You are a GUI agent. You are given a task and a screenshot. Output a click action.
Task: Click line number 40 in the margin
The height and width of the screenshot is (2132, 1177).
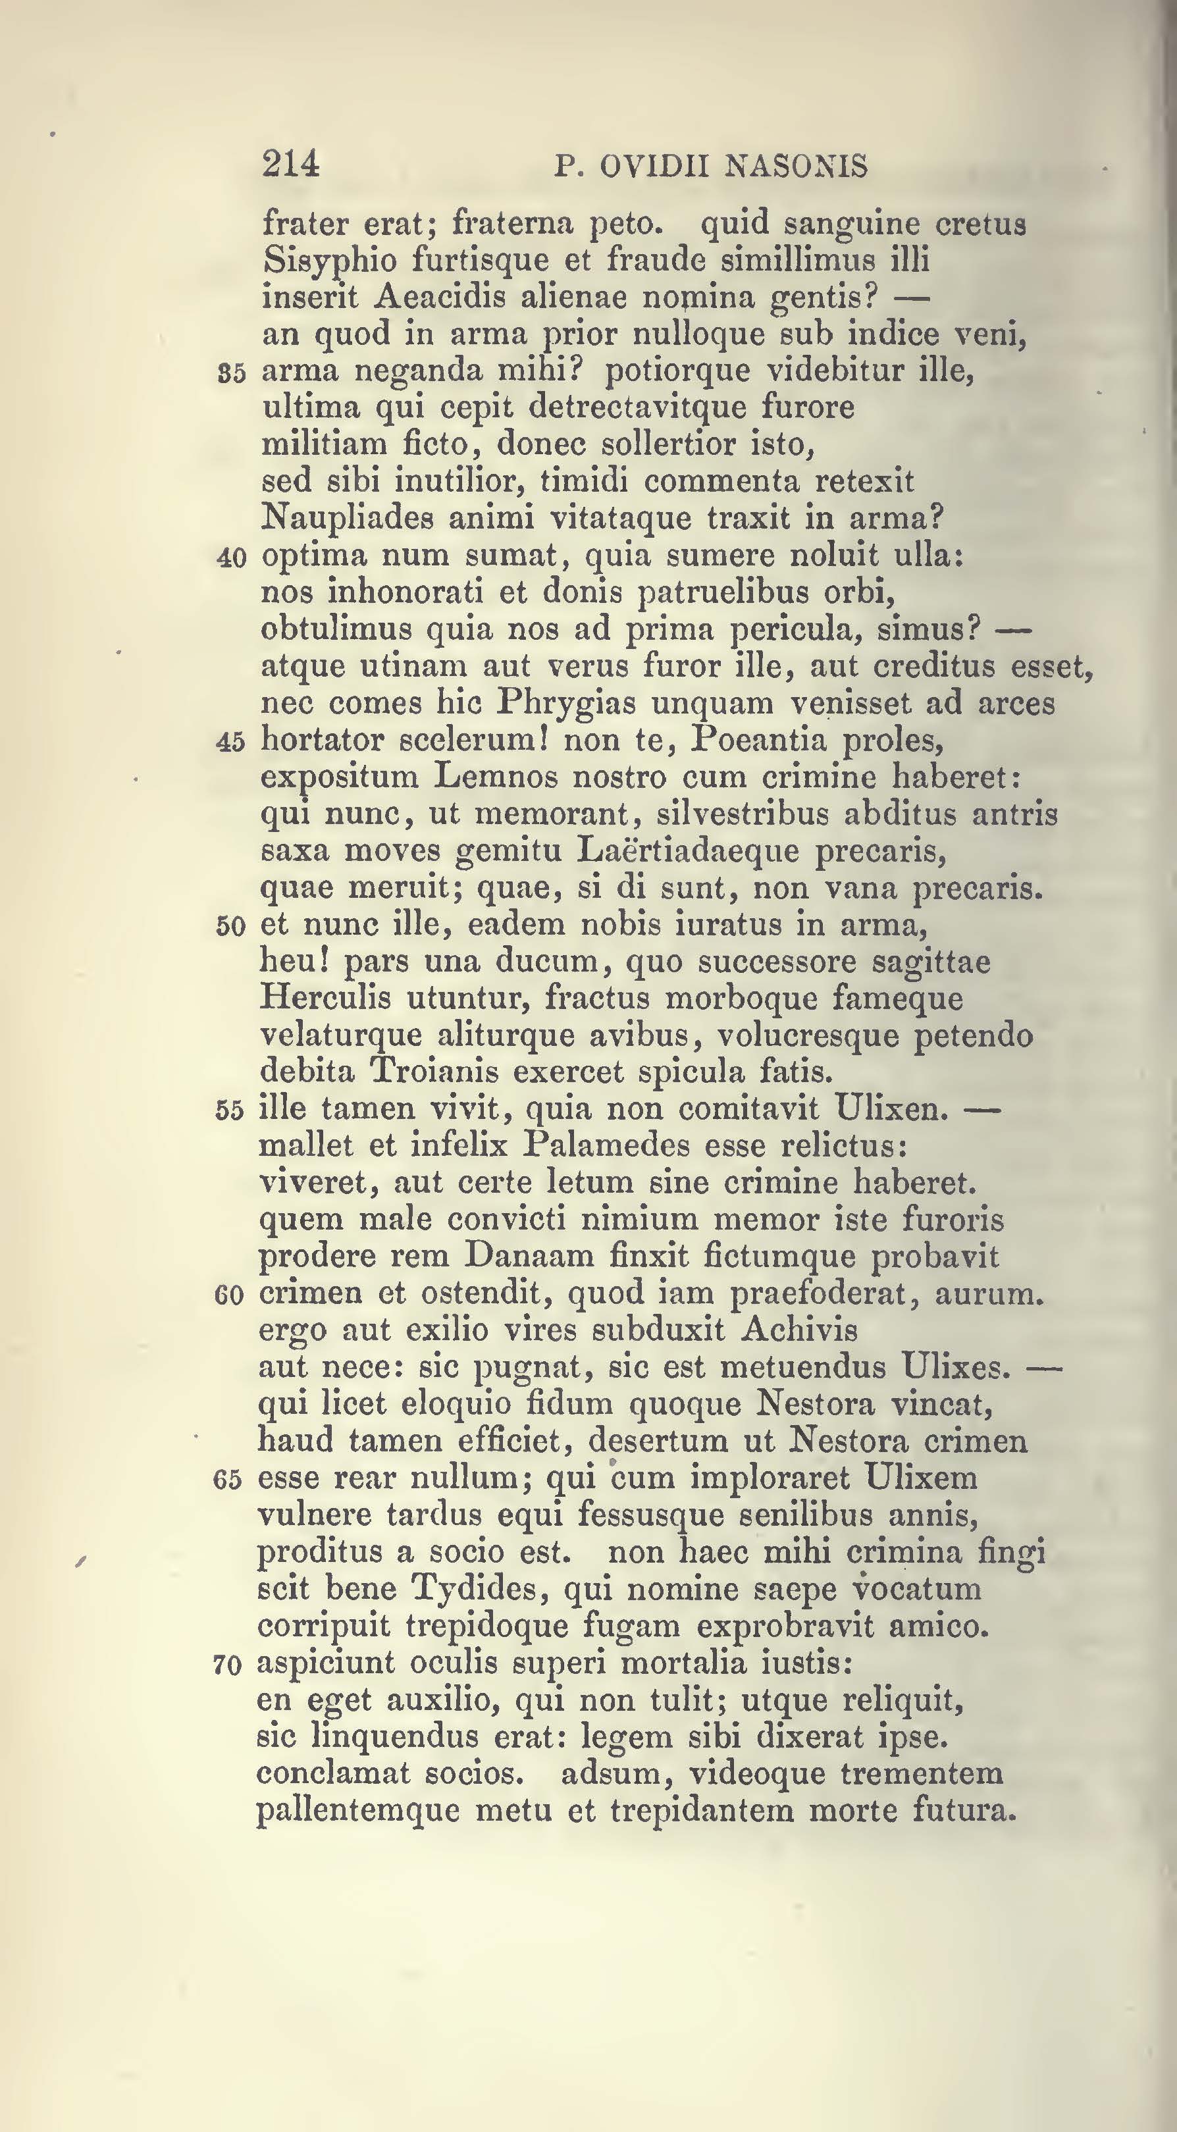(231, 557)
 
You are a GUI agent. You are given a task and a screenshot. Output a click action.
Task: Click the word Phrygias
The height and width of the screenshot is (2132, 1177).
(566, 703)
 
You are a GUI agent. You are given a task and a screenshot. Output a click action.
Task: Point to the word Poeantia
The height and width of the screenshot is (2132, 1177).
(759, 739)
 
